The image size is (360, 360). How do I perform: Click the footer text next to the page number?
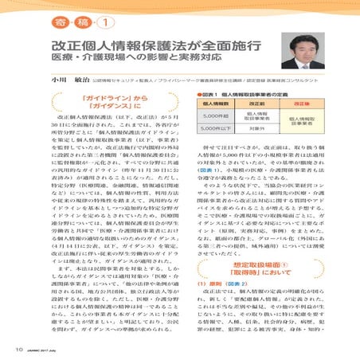tap(44, 348)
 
